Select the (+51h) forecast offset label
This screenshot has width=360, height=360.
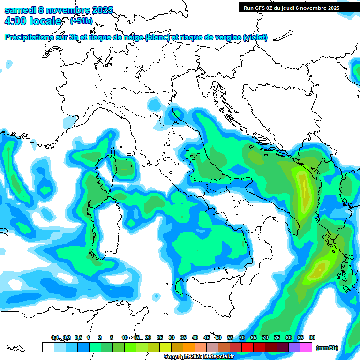coord(82,21)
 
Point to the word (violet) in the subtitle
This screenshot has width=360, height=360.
coord(255,37)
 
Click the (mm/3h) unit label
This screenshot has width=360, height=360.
coord(327,348)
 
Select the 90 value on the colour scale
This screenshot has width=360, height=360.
coord(312,337)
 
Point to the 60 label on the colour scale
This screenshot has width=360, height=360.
coord(242,337)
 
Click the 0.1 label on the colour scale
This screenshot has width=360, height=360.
coord(55,337)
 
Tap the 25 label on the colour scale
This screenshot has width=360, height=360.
coord(160,337)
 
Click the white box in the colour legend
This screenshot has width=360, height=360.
coord(48,347)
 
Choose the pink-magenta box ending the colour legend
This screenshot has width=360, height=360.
coord(306,347)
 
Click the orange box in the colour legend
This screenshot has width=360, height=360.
coord(189,347)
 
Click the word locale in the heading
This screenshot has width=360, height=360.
coord(45,21)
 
